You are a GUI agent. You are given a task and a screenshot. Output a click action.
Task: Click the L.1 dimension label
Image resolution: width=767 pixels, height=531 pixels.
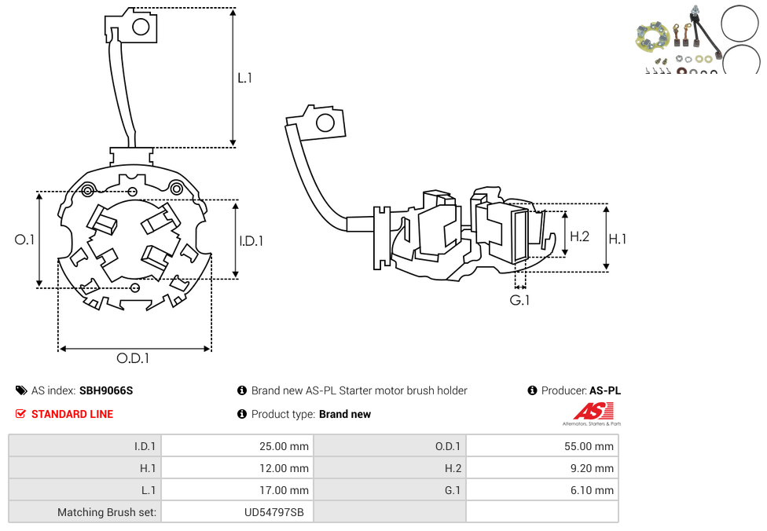[x=245, y=78]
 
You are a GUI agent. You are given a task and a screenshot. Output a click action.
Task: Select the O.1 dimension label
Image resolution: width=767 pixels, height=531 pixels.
[x=25, y=240]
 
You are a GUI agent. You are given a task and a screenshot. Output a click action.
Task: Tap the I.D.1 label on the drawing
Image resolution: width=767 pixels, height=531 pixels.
[x=251, y=241]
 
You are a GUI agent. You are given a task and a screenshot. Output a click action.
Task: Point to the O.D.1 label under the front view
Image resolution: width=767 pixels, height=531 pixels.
[x=133, y=358]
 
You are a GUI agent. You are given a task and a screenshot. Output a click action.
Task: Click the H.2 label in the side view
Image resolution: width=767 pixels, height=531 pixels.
[x=579, y=236]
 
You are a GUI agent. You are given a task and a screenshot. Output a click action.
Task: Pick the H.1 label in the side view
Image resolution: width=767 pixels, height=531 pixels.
[x=618, y=239]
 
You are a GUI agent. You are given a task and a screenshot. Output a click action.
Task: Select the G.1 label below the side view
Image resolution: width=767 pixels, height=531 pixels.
[x=519, y=300]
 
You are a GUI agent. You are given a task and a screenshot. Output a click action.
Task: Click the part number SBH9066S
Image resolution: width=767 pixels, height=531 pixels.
[x=106, y=390]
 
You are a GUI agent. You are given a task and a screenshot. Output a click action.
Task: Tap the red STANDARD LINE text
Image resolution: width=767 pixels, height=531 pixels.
[x=72, y=414]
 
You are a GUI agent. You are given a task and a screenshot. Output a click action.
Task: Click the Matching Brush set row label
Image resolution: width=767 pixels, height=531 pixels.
[x=107, y=512]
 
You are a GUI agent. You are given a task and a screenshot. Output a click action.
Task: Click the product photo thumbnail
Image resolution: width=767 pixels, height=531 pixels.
[x=696, y=39]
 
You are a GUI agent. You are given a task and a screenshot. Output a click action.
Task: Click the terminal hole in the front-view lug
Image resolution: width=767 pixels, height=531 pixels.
[x=141, y=27]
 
